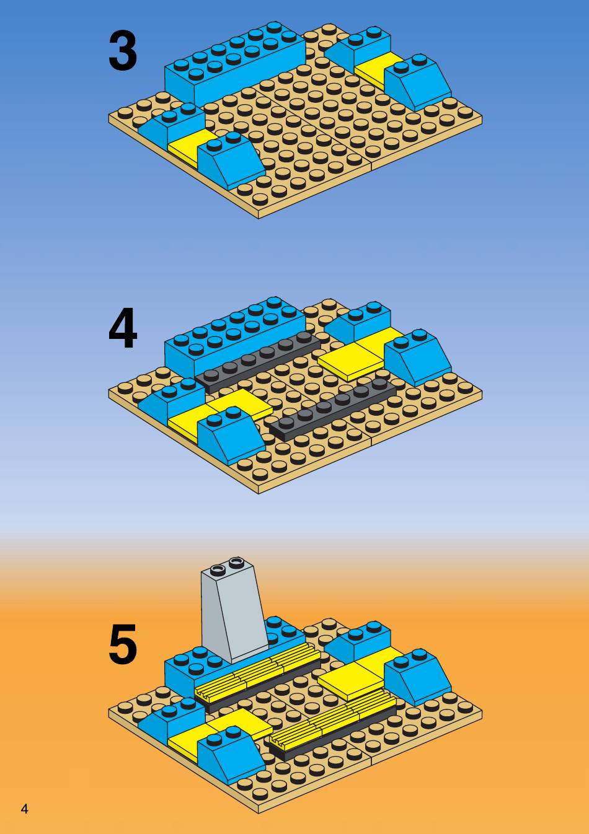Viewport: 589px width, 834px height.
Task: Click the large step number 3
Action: click(122, 52)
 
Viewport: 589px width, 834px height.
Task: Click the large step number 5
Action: click(122, 645)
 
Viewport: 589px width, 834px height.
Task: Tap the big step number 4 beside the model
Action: click(122, 330)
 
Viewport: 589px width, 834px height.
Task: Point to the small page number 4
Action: click(24, 809)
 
